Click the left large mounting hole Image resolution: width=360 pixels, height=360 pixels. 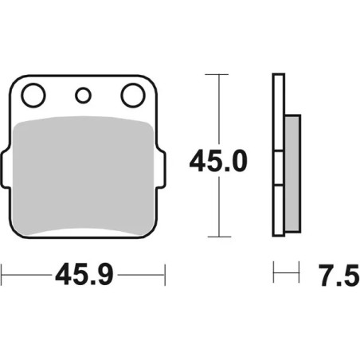coord(33,96)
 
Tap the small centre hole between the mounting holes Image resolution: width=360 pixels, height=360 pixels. coord(82,96)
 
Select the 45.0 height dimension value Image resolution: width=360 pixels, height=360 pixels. coord(217,162)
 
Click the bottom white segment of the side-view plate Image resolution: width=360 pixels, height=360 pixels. coord(278,211)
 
